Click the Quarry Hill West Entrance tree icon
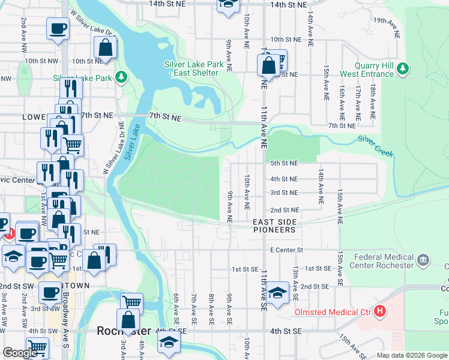tap(403, 66)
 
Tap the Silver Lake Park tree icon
tap(121, 77)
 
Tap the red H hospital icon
tap(379, 311)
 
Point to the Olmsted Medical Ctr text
tap(332, 312)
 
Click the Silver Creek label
tap(376, 146)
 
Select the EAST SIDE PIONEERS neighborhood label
tap(274, 226)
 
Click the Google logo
tap(20, 352)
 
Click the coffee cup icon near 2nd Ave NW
tap(58, 29)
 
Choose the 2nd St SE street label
tap(315, 287)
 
